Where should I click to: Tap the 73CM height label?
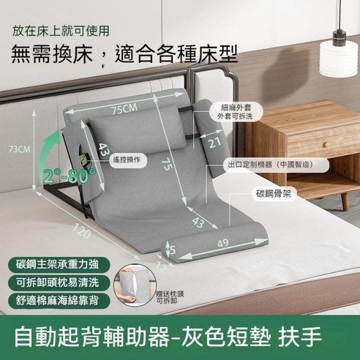point(19,149)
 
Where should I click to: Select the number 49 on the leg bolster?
point(224,244)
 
